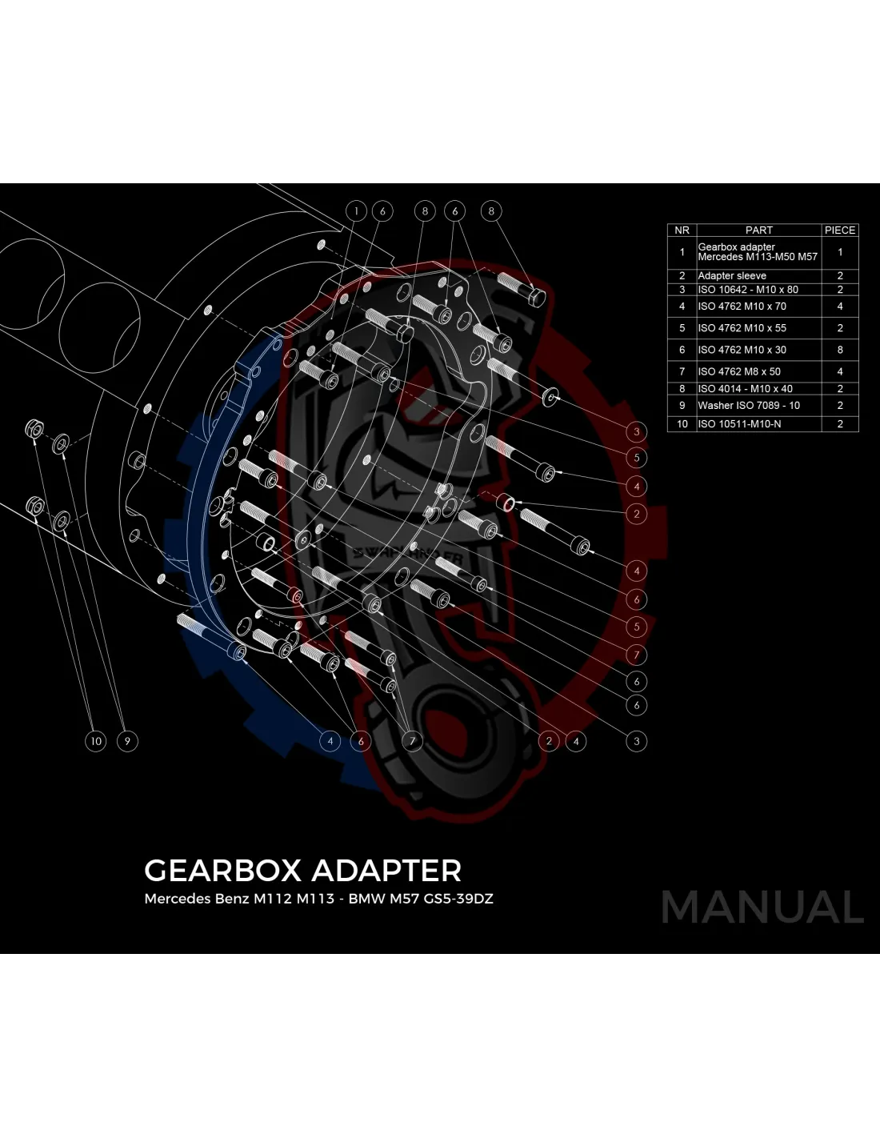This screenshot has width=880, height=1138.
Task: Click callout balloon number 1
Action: point(356,211)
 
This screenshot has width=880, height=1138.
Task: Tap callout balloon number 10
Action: point(95,741)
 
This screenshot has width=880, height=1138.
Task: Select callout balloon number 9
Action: point(127,741)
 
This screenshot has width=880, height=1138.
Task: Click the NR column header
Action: point(682,230)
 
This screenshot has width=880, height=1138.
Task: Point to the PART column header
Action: point(758,230)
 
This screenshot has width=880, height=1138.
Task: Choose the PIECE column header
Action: point(840,230)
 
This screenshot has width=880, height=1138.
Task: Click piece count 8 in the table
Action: point(840,350)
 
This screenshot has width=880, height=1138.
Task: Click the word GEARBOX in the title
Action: point(222,871)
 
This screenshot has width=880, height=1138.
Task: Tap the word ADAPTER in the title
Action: point(386,871)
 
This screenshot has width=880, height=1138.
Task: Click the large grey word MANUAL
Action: point(762,908)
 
